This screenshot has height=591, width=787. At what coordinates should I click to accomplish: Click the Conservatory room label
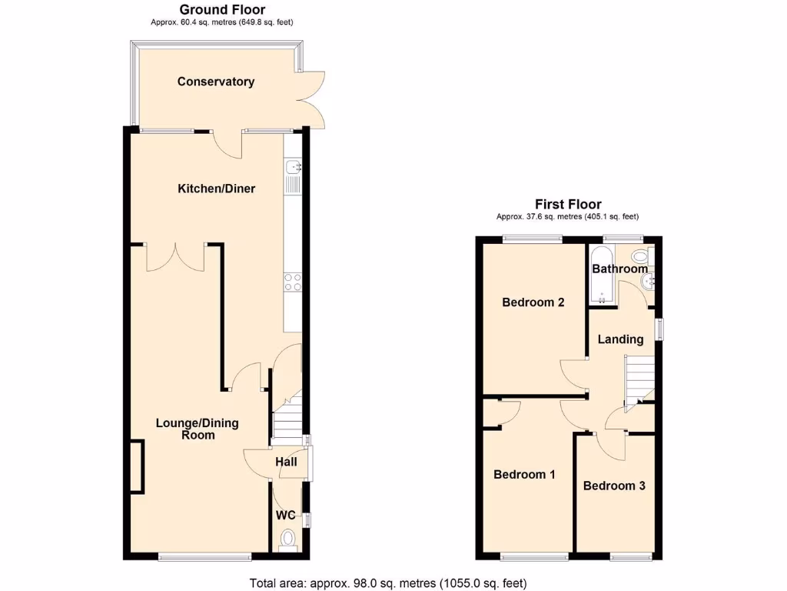coord(215,82)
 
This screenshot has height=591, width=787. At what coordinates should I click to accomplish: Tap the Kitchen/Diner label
coord(216,189)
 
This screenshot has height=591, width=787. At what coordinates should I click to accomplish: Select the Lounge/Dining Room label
coord(198,429)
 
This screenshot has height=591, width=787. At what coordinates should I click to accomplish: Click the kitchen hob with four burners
coord(292,282)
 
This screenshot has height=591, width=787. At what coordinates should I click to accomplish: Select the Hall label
coord(286,462)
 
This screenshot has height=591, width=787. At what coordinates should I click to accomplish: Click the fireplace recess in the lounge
coord(137,466)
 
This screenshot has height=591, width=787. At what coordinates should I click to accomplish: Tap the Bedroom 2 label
coord(533,302)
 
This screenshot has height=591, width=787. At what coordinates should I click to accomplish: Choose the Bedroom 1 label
coord(524,475)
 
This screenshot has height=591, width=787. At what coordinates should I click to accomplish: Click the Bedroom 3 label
coord(614,486)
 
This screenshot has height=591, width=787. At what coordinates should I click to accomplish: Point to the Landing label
coord(620,339)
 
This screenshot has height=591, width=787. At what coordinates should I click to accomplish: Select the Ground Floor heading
coord(222,10)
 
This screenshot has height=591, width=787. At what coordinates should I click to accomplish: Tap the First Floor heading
coord(568,204)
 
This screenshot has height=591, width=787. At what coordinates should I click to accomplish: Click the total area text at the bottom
coord(388,583)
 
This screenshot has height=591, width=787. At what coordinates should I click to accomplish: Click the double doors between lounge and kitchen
coord(176,257)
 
